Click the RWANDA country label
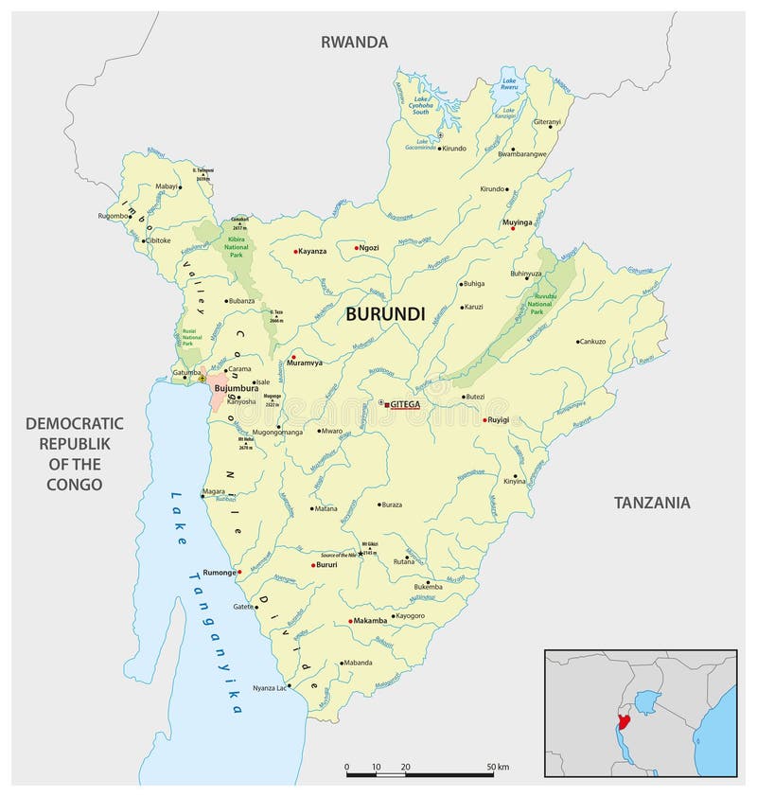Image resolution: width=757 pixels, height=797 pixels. tap(354, 42)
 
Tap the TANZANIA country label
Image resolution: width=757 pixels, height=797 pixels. tap(651, 503)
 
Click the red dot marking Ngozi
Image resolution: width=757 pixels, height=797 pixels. tap(357, 248)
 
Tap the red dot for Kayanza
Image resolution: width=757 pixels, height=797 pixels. tap(294, 252)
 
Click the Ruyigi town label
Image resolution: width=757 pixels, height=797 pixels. tap(499, 419)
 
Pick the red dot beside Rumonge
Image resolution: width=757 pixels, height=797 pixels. tap(240, 572)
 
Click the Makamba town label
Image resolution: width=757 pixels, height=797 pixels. tap(371, 621)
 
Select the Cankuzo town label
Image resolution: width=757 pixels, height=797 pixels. tap(592, 341)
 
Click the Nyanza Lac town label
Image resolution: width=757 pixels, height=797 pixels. tap(268, 688)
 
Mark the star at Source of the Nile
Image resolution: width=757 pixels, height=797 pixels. tap(360, 554)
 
